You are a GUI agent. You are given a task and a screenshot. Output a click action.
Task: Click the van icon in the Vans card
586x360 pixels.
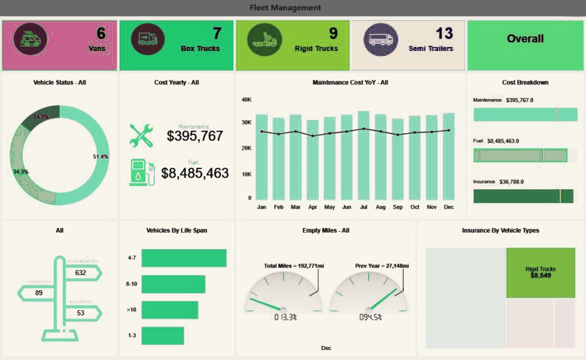pyautogui.click(x=30, y=39)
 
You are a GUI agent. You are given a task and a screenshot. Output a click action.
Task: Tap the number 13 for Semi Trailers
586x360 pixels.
pyautogui.click(x=444, y=33)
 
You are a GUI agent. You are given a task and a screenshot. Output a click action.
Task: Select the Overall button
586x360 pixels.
pyautogui.click(x=525, y=39)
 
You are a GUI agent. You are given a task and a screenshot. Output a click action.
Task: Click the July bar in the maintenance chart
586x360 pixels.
pyautogui.click(x=363, y=155)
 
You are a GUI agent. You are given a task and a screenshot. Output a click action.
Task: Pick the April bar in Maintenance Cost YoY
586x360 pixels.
pyautogui.click(x=312, y=160)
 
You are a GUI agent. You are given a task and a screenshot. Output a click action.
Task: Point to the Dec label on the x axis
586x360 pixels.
pyautogui.click(x=448, y=207)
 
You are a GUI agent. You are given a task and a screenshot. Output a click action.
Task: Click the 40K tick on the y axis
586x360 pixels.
pyautogui.click(x=246, y=100)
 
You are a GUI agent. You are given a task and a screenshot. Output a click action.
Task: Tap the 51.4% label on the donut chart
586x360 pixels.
pyautogui.click(x=101, y=157)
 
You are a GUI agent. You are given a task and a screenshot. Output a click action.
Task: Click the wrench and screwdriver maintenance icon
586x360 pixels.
pyautogui.click(x=141, y=135)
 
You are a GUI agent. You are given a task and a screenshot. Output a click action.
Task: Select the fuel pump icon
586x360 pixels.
pyautogui.click(x=142, y=173)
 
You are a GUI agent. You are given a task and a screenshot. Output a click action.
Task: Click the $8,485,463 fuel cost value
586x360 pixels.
pyautogui.click(x=195, y=173)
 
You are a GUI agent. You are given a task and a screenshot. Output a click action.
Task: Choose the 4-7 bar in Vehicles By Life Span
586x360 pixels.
pyautogui.click(x=183, y=258)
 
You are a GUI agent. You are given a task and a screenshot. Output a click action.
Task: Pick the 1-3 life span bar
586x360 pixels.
pyautogui.click(x=162, y=335)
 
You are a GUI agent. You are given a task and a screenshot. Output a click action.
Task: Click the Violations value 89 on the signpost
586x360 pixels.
pyautogui.click(x=39, y=293)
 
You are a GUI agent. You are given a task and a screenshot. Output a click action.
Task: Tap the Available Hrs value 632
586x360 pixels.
pyautogui.click(x=80, y=273)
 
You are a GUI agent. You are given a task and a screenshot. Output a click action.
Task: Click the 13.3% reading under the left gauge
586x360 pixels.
pyautogui.click(x=285, y=317)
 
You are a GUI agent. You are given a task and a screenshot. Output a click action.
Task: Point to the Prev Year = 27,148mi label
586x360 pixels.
pyautogui.click(x=382, y=266)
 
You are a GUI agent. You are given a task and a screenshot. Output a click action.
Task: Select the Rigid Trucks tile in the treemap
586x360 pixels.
pyautogui.click(x=540, y=273)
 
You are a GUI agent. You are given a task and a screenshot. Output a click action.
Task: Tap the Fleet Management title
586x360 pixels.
pyautogui.click(x=285, y=8)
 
